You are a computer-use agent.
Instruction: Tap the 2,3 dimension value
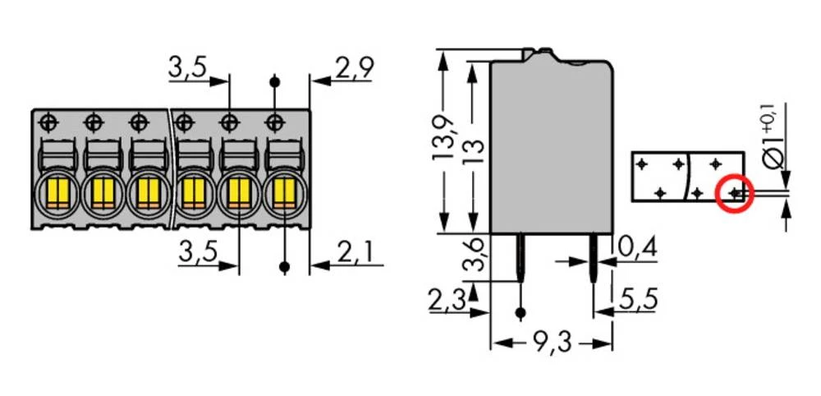(447, 302)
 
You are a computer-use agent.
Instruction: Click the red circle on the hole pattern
(735, 194)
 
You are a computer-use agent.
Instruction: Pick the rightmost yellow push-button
(282, 194)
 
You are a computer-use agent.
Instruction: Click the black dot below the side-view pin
(521, 312)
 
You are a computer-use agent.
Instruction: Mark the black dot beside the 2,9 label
(274, 81)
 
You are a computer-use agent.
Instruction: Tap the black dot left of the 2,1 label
(285, 267)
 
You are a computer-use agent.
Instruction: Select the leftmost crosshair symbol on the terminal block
(48, 122)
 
